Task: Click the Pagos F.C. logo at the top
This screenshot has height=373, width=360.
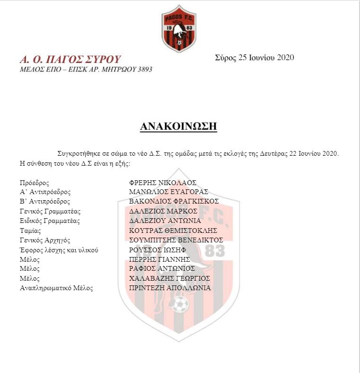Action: click(x=179, y=28)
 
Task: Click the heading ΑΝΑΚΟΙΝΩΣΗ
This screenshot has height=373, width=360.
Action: click(x=179, y=126)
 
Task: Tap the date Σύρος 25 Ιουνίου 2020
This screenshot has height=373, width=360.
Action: click(x=254, y=58)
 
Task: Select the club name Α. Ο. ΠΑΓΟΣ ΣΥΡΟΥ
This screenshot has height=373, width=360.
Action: click(x=70, y=60)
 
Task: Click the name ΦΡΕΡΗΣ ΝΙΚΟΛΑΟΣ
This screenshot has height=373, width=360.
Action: click(x=162, y=183)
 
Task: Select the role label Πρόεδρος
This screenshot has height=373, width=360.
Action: click(x=35, y=183)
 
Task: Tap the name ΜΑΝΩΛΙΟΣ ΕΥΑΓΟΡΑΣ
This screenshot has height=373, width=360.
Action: click(x=169, y=192)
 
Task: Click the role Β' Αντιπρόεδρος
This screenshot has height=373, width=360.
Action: click(x=45, y=202)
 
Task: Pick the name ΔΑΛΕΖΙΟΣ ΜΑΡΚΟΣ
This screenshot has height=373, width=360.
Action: click(x=163, y=211)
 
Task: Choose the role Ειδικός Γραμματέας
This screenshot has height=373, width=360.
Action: click(x=50, y=221)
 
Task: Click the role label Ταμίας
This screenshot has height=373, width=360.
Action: click(x=30, y=231)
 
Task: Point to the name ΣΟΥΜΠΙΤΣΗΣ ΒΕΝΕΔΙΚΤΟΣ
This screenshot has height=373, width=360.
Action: click(x=176, y=240)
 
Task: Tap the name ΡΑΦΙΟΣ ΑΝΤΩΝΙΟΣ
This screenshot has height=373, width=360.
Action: click(x=162, y=269)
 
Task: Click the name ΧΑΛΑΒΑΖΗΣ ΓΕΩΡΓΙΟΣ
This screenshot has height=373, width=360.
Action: click(x=170, y=278)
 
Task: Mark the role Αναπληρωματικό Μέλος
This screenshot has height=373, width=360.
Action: click(x=56, y=288)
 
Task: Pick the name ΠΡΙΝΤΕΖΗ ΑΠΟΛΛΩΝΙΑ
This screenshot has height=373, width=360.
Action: click(x=170, y=288)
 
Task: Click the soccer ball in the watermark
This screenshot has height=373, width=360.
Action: click(x=180, y=304)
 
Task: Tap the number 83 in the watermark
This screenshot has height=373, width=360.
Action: click(x=215, y=251)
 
